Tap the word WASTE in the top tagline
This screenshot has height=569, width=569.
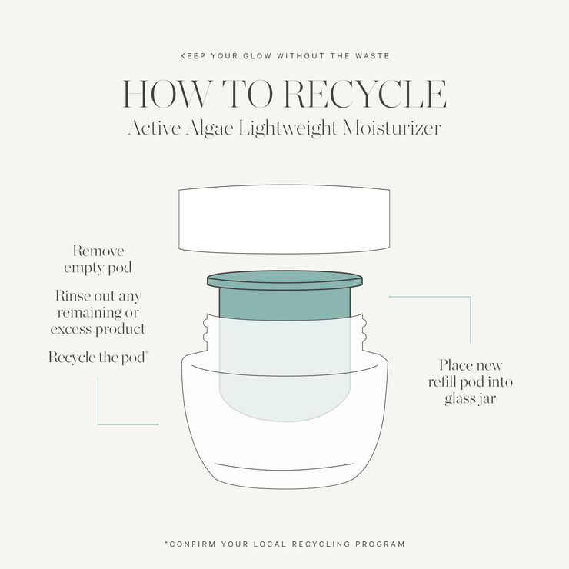point(372,56)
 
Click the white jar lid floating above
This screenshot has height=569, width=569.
point(284,219)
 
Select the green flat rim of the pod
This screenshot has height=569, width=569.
point(284,279)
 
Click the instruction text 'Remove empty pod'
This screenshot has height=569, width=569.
point(98,260)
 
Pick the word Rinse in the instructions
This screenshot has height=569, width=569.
point(75,296)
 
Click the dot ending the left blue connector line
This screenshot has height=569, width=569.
point(158,424)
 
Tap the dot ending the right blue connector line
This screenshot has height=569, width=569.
point(391,295)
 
